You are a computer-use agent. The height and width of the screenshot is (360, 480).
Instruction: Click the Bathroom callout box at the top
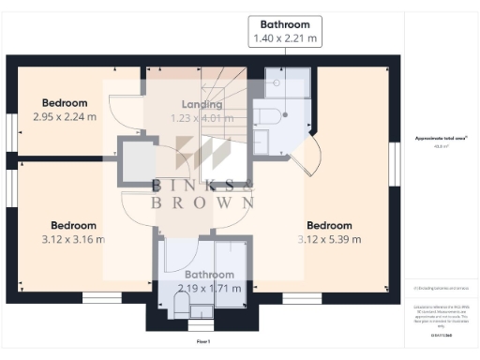click(x=285, y=31)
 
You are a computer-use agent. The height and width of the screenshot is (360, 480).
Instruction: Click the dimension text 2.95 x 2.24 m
click(x=65, y=117)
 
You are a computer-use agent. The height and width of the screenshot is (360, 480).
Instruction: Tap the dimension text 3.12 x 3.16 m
click(x=73, y=239)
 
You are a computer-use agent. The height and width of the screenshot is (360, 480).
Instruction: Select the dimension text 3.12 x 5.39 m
click(x=329, y=239)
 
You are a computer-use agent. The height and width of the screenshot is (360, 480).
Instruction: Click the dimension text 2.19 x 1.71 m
click(x=209, y=289)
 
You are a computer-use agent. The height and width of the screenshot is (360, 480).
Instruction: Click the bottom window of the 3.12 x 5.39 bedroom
click(x=302, y=298)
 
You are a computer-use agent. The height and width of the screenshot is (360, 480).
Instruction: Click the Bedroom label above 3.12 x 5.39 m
click(x=329, y=225)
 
